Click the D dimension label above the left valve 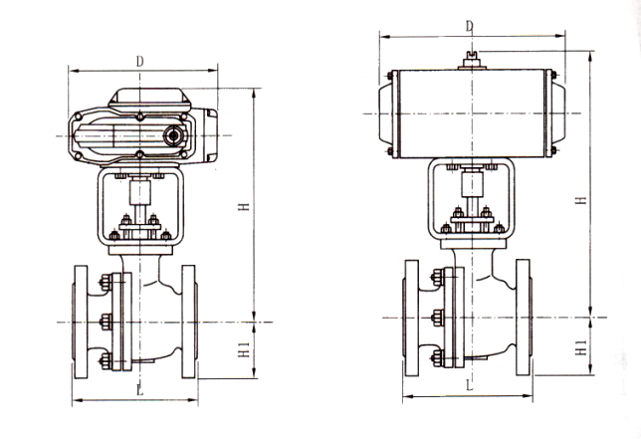pos(140,61)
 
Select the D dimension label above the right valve pos(468,24)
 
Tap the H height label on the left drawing pos(242,206)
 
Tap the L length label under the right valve pos(468,383)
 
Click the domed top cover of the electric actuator pos(151,100)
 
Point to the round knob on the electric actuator pos(175,134)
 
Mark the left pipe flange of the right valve pos(410,317)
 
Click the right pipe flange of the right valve pos(527,317)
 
